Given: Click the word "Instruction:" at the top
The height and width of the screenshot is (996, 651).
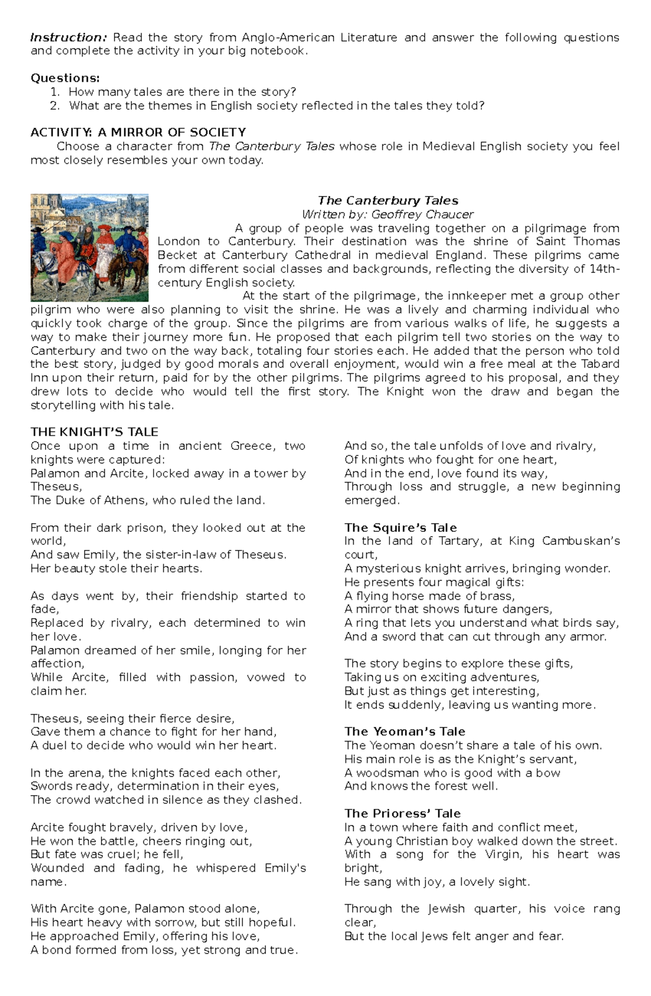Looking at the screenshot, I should pos(68,37).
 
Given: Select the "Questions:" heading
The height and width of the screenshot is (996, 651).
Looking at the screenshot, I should pos(65,78).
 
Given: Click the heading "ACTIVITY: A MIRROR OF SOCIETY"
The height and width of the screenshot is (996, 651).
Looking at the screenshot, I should pos(138,132).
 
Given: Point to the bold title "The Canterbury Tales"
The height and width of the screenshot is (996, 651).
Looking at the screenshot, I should pos(388,201).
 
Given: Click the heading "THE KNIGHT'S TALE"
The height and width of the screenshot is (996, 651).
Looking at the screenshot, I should pos(94,432).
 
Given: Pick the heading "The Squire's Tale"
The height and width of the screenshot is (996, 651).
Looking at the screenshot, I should pos(400,528).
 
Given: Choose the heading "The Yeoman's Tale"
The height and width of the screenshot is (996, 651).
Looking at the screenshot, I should pos(404,732).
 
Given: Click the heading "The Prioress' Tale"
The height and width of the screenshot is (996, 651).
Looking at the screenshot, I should pos(402,814).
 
